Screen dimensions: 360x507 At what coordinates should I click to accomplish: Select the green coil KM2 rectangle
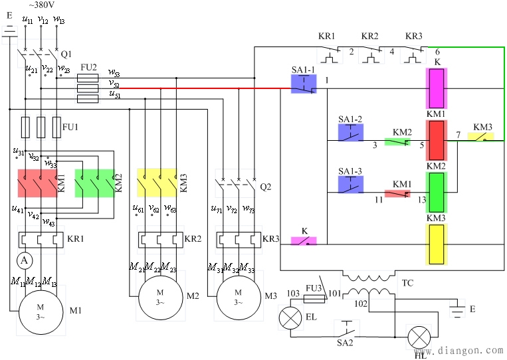pyautogui.click(x=437, y=191)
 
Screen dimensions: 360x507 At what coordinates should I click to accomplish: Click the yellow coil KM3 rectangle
pyautogui.click(x=437, y=244)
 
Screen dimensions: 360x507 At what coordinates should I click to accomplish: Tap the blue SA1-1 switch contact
pyautogui.click(x=304, y=84)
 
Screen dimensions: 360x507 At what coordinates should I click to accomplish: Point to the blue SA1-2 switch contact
pyautogui.click(x=350, y=132)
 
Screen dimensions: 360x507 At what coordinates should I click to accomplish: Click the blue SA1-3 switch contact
pyautogui.click(x=350, y=184)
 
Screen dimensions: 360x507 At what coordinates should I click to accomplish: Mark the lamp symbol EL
pyautogui.click(x=290, y=317)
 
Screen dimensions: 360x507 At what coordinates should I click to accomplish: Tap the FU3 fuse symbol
pyautogui.click(x=314, y=299)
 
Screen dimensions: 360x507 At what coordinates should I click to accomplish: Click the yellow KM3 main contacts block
pyautogui.click(x=157, y=183)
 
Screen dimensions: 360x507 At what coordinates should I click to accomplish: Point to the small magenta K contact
pyautogui.click(x=304, y=241)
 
